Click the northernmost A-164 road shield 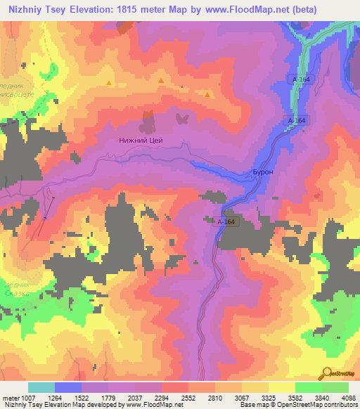click(301, 79)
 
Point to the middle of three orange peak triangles click(161, 82)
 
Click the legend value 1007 click(25, 397)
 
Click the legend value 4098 click(349, 397)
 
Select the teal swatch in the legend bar click(41, 387)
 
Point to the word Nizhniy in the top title click(22, 9)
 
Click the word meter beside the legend click(9, 397)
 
